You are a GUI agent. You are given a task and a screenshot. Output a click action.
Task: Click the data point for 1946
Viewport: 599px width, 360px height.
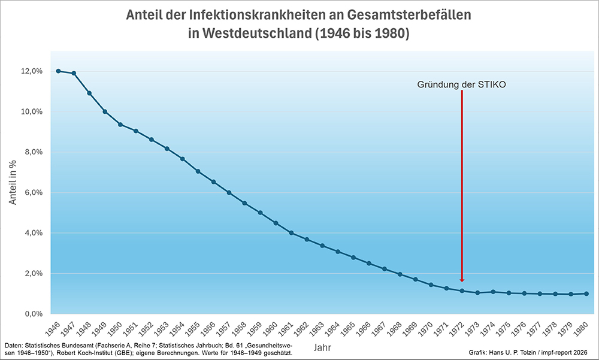(58, 71)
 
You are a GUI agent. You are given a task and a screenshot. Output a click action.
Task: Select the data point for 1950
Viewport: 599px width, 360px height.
(120, 125)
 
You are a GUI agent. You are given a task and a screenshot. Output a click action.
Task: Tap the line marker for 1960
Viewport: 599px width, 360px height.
(276, 223)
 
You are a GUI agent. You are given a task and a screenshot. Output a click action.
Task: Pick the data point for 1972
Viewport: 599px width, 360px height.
(462, 291)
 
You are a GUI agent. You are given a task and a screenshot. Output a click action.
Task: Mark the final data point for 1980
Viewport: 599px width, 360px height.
(586, 294)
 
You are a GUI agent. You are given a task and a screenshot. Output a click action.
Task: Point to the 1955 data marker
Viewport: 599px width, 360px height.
(198, 171)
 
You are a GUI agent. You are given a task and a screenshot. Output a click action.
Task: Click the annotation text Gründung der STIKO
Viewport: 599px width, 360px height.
(462, 85)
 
